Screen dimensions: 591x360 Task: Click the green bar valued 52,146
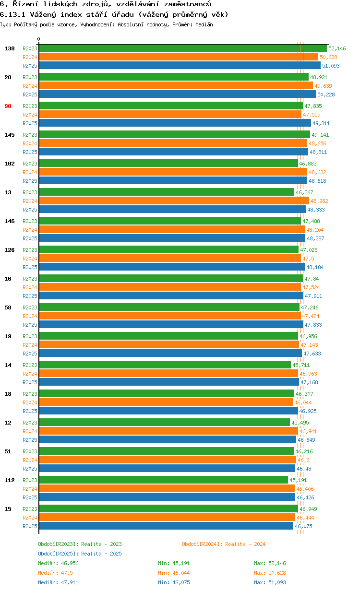coord(182,48)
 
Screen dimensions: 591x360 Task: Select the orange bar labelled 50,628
coord(179,57)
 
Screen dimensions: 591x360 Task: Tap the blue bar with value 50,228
coord(177,94)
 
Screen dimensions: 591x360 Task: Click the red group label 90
coord(8,106)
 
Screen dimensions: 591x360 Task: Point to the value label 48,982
coord(319,201)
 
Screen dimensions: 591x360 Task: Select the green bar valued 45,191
coord(163,480)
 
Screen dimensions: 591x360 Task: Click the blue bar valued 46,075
coord(166,526)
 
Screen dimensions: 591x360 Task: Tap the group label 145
coord(9,135)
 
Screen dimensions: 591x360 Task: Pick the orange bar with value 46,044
coord(166,402)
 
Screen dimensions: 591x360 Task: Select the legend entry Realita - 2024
coord(224,544)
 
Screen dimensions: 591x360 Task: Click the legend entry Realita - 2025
coord(80,554)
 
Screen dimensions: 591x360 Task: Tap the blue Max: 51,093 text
coord(270,582)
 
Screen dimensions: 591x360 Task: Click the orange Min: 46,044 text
coord(174,573)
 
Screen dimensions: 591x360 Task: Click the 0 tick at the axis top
coord(39,39)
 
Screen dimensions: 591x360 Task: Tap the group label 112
coord(9,480)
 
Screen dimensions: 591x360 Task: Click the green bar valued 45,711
coord(165,365)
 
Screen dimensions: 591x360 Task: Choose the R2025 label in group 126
coord(30,267)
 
